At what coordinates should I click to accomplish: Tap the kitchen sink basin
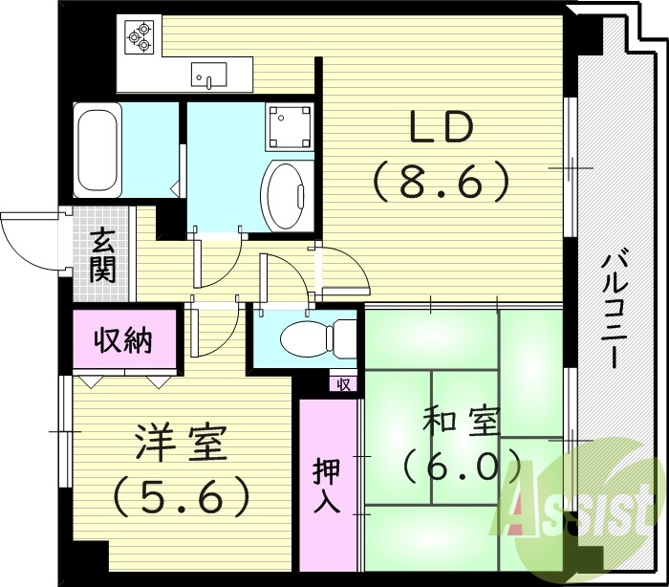(208, 74)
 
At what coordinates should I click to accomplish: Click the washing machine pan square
(290, 124)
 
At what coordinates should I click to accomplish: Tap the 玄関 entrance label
(102, 254)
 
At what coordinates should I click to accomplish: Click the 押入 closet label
(327, 487)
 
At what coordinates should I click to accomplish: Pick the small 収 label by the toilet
(344, 384)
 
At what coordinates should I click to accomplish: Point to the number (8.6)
(441, 180)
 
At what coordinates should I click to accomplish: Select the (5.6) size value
(182, 495)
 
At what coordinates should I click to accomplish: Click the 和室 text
(462, 422)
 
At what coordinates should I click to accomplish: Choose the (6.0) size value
(462, 467)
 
